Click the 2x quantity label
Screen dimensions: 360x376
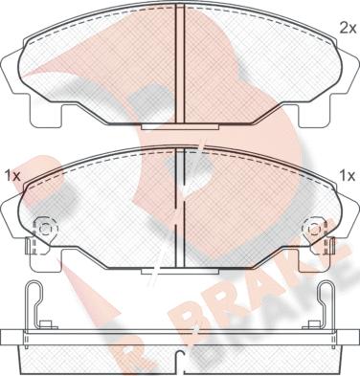348,29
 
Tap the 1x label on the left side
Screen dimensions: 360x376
12,176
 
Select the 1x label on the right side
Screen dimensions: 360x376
347,176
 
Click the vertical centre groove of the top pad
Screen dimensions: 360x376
181,65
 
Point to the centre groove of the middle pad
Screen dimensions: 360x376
181,209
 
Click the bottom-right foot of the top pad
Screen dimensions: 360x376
315,114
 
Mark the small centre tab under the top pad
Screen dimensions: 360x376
180,127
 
